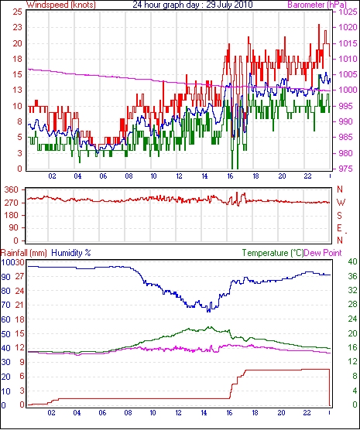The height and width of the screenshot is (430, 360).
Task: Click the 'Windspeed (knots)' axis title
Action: tap(61, 5)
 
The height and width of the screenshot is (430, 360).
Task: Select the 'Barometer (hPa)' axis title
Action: tap(317, 5)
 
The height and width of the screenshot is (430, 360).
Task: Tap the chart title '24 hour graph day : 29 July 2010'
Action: tap(193, 5)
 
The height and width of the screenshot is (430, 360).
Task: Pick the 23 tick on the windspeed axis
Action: tap(18, 28)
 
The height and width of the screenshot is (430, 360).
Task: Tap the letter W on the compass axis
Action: tap(341, 203)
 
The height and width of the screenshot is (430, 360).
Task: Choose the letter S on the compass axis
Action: tap(340, 216)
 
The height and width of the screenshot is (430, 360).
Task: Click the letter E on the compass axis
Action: tap(339, 228)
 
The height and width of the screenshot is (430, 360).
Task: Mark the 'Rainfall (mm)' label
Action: tap(24, 253)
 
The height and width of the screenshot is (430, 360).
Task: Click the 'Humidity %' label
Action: tap(71, 253)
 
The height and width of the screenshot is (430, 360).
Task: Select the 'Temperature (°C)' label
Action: tap(273, 253)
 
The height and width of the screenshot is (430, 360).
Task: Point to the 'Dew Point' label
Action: tap(323, 253)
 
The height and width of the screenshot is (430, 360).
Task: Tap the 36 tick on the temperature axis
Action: tap(352, 276)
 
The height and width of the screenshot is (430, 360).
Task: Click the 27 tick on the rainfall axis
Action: tap(19, 276)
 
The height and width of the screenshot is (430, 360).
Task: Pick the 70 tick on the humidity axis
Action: tap(5, 305)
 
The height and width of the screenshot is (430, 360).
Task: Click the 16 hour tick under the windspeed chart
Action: tap(230, 176)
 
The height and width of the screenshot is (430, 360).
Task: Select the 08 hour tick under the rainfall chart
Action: tap(128, 413)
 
